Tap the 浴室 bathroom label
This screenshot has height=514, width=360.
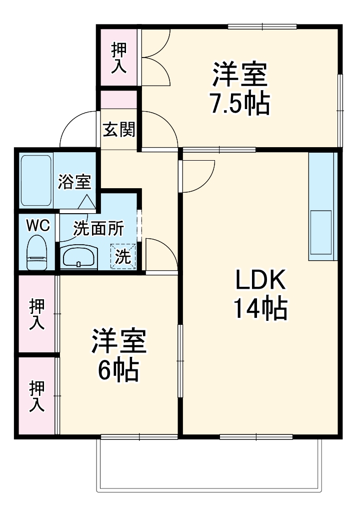coord(74,182)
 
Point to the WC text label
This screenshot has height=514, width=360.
coord(38,226)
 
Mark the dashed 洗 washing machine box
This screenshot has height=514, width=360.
coord(123,256)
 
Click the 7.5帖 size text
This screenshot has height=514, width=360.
coord(239,104)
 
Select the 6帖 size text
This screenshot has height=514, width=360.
coord(118,370)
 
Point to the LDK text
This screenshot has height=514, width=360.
coord(260,281)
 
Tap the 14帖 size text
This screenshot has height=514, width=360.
coord(260,309)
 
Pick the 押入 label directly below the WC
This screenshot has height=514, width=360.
coord(37,314)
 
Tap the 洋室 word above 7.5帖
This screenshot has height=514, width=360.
coord(239,76)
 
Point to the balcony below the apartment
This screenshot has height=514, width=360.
coord(209,465)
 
